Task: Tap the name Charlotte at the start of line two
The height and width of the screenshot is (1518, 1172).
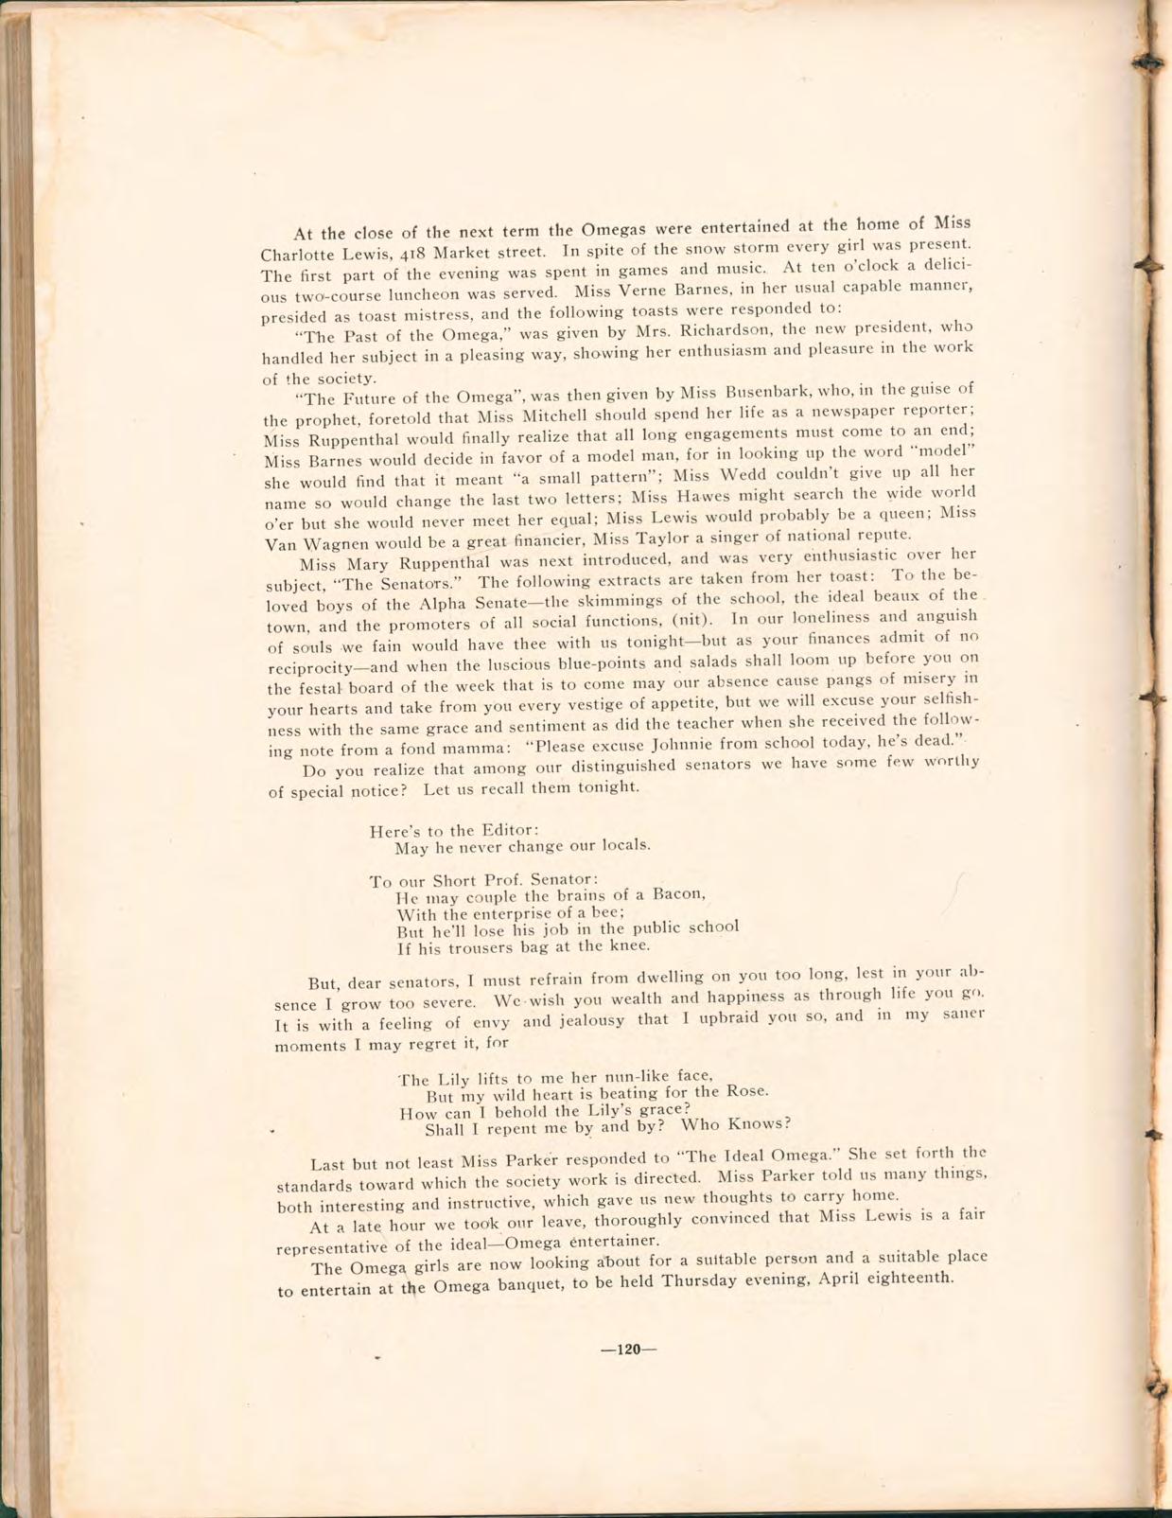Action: coord(293,255)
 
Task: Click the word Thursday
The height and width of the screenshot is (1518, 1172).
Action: coord(701,1281)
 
